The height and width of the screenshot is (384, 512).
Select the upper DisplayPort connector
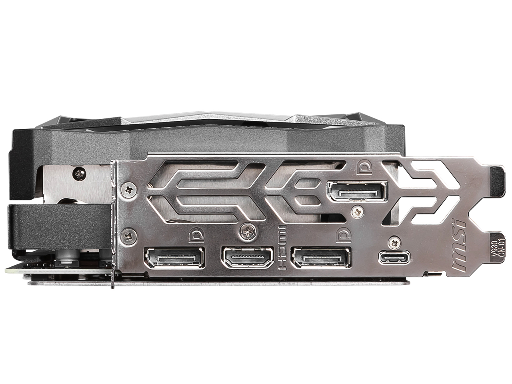tap(357, 191)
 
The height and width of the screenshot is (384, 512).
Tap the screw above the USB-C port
tap(395, 242)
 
